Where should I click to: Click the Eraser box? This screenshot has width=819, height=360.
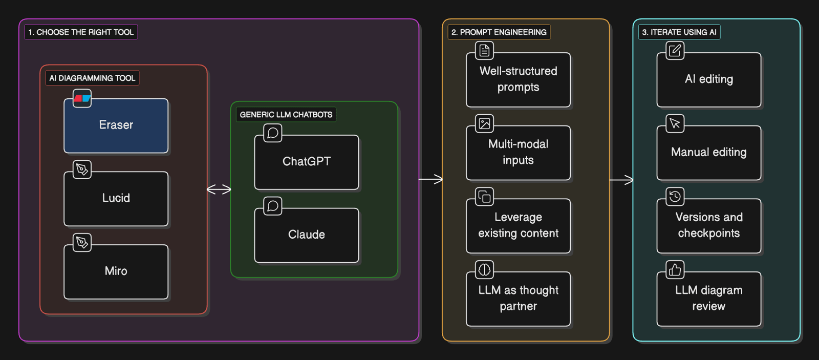click(x=116, y=125)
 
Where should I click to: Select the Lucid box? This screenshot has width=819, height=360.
click(x=116, y=199)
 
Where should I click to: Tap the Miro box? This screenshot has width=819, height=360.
click(x=116, y=272)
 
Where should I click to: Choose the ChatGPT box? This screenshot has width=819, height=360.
click(x=307, y=162)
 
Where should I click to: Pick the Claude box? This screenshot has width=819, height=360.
click(x=307, y=235)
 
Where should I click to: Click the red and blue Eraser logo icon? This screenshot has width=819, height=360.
click(x=82, y=98)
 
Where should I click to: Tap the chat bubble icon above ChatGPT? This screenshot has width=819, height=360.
click(x=273, y=133)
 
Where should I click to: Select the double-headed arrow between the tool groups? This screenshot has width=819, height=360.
click(x=219, y=189)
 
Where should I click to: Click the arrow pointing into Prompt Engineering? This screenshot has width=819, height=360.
click(x=430, y=179)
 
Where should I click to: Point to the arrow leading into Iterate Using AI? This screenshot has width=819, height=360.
click(x=621, y=180)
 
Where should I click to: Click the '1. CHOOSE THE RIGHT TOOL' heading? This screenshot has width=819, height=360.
click(x=81, y=32)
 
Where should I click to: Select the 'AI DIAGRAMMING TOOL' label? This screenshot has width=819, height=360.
click(x=92, y=78)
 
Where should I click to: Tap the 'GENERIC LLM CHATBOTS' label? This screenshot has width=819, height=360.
click(x=286, y=115)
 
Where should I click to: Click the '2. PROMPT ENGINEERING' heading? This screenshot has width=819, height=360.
click(x=499, y=32)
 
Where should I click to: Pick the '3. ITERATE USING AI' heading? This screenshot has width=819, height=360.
click(x=679, y=32)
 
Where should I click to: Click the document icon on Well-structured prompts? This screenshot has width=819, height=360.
click(x=484, y=51)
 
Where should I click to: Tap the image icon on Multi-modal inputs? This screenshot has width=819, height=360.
click(x=484, y=123)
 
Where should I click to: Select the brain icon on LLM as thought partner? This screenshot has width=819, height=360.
click(x=484, y=270)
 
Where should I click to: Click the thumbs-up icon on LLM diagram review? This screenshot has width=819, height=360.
click(x=675, y=270)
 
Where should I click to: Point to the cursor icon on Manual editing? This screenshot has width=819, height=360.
click(x=675, y=123)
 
